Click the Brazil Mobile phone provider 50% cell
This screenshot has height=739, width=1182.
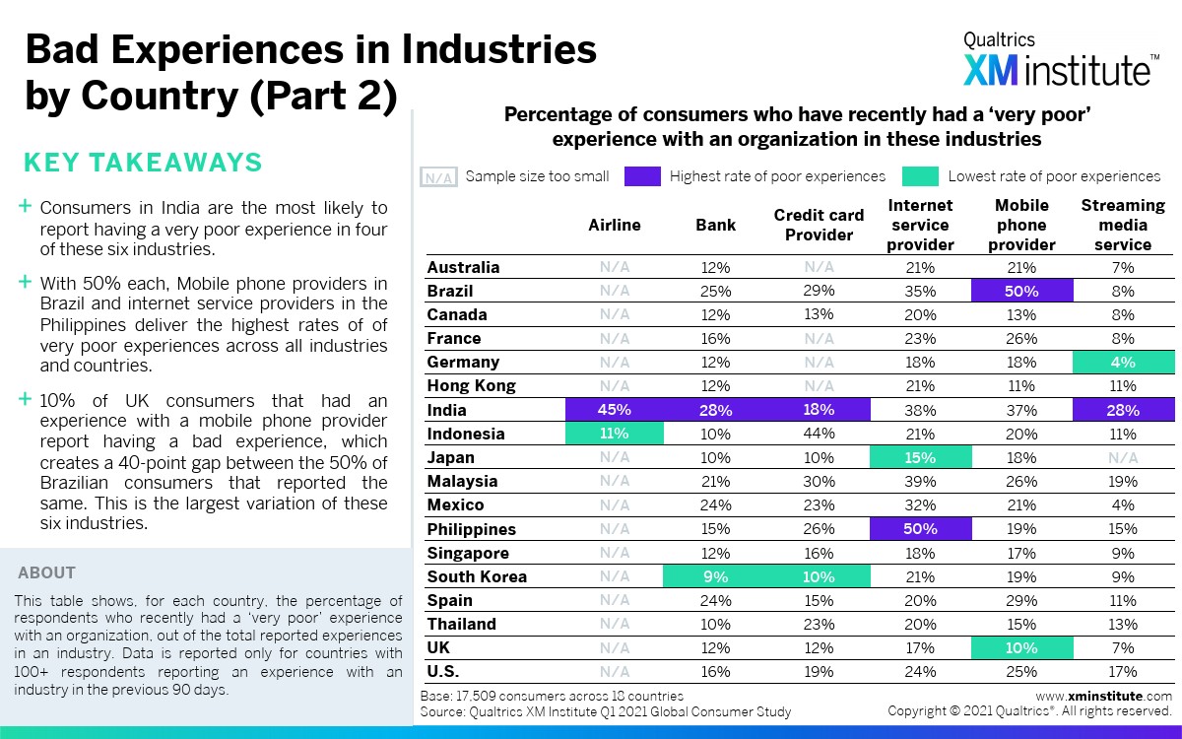[x=1021, y=291]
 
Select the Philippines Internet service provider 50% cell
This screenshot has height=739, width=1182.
[x=920, y=529]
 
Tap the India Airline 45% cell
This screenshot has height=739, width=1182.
[x=615, y=410]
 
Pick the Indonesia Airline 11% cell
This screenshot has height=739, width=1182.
[x=615, y=434]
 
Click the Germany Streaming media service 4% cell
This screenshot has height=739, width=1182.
[x=1123, y=362]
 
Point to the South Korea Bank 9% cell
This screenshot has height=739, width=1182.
[x=716, y=576]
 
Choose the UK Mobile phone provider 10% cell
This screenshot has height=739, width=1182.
[x=1021, y=647]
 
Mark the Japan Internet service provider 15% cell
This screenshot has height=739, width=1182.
[x=920, y=457]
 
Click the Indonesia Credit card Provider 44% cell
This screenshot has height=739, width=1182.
[x=819, y=434]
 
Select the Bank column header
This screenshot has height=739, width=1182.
[x=716, y=225]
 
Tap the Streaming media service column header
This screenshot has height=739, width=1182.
[x=1123, y=225]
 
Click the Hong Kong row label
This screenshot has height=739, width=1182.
[x=471, y=386]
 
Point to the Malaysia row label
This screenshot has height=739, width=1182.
[x=462, y=481]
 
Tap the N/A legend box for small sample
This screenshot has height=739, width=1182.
[x=438, y=177]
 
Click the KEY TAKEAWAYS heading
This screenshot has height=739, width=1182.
[x=142, y=163]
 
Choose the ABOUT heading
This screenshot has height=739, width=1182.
[x=46, y=572]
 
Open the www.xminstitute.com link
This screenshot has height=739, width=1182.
[x=1103, y=696]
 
